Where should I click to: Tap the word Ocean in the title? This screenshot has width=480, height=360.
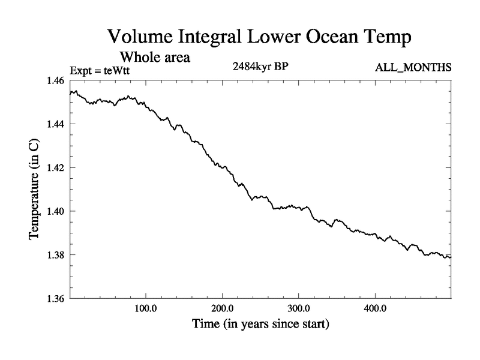click(x=328, y=37)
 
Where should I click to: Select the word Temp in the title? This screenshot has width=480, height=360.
click(x=388, y=37)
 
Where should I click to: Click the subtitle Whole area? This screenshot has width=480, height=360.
click(x=155, y=58)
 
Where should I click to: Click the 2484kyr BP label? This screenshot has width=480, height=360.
click(x=261, y=67)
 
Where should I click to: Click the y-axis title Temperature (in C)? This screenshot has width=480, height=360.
click(x=34, y=190)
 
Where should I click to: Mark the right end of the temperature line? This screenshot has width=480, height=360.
click(x=451, y=257)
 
